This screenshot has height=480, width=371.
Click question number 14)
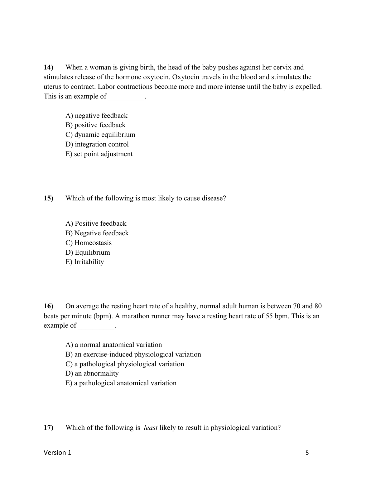click(49, 67)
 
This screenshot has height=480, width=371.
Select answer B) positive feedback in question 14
click(95, 125)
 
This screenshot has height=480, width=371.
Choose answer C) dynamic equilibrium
click(100, 135)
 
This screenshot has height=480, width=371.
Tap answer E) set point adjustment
click(99, 154)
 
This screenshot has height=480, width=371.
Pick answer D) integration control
click(97, 144)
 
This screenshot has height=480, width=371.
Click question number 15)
click(49, 198)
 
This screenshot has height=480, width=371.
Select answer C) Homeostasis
click(89, 243)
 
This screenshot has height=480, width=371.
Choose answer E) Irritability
click(85, 262)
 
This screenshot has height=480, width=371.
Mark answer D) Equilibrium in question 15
click(88, 252)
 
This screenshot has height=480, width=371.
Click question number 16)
click(49, 306)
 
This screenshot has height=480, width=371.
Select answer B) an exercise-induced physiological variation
click(133, 354)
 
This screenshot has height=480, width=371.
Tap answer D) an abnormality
click(92, 373)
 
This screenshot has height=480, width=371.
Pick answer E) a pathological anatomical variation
click(121, 383)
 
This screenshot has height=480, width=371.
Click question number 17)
click(49, 428)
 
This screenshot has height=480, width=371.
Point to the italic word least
click(151, 428)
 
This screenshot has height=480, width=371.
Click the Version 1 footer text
click(57, 453)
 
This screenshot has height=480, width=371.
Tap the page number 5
click(307, 453)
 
